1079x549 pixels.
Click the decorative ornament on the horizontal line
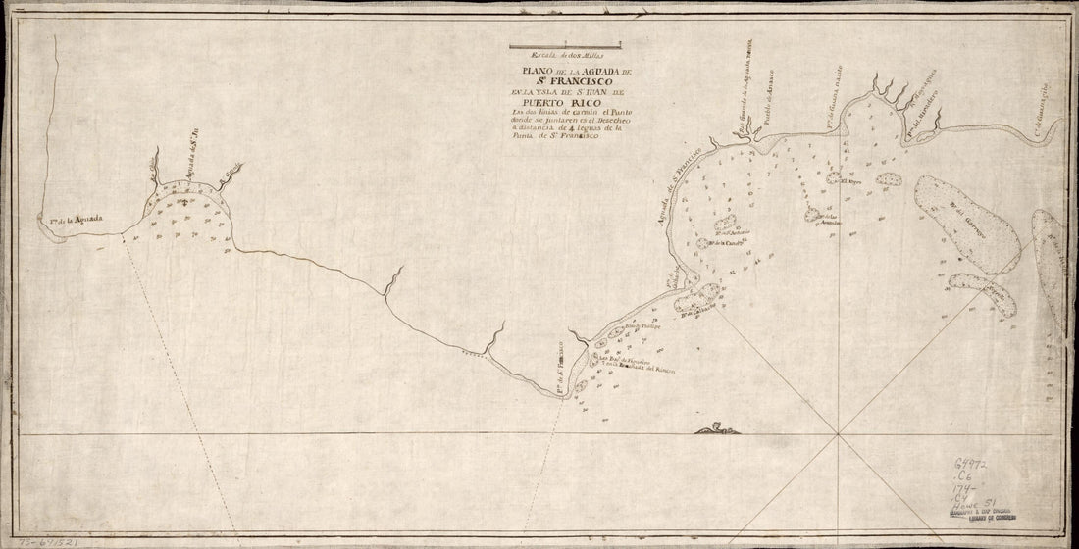[718, 428]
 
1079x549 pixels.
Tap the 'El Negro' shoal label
[846, 180]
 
